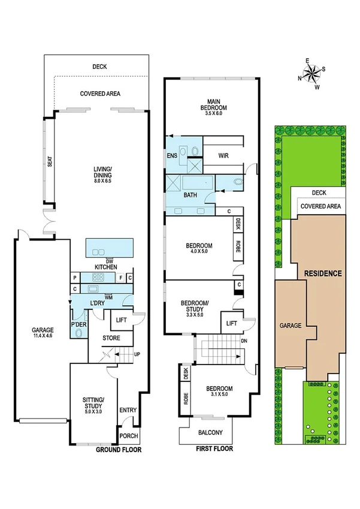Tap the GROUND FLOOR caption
tap(119, 448)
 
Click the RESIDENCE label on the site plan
tap(323, 273)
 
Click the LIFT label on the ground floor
tap(120, 320)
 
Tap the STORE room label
tap(111, 338)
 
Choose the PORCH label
tap(129, 436)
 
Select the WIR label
tap(224, 156)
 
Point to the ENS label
tap(172, 156)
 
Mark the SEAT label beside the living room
tap(50, 162)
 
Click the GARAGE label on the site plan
tap(290, 326)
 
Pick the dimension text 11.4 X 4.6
tap(43, 337)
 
